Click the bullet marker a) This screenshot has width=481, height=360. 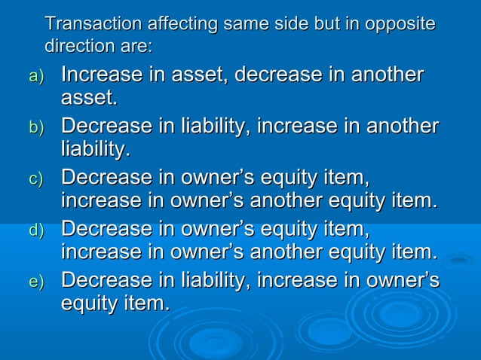point(37,77)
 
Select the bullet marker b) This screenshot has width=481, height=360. point(37,128)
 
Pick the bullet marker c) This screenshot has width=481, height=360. point(37,179)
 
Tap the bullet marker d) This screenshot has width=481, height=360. point(37,230)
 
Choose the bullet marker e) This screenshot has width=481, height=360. point(37,282)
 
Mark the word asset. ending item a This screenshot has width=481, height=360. point(89,98)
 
